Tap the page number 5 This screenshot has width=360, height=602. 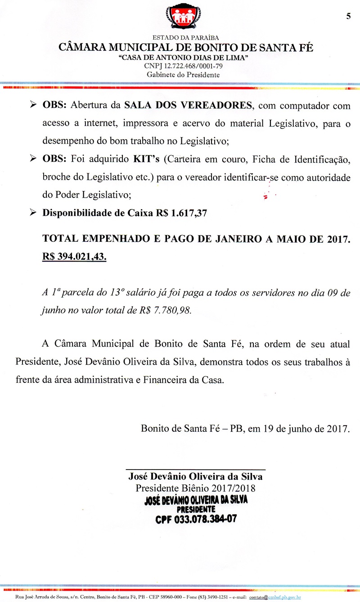click(x=348, y=17)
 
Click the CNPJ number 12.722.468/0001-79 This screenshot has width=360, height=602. click(x=183, y=66)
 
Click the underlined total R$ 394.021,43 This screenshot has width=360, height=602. click(x=74, y=256)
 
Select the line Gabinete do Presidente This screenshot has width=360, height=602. click(x=184, y=74)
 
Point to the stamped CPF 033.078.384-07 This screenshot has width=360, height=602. click(x=196, y=519)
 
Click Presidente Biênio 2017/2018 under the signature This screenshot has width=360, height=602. click(x=195, y=488)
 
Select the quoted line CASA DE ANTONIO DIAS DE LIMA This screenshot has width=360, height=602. click(x=183, y=58)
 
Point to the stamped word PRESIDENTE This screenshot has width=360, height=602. click(x=195, y=509)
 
